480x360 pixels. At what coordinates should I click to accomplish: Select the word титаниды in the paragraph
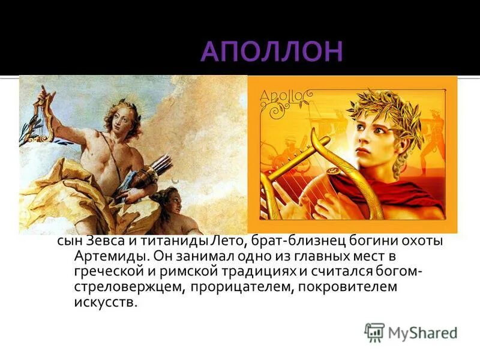coord(169,241)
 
